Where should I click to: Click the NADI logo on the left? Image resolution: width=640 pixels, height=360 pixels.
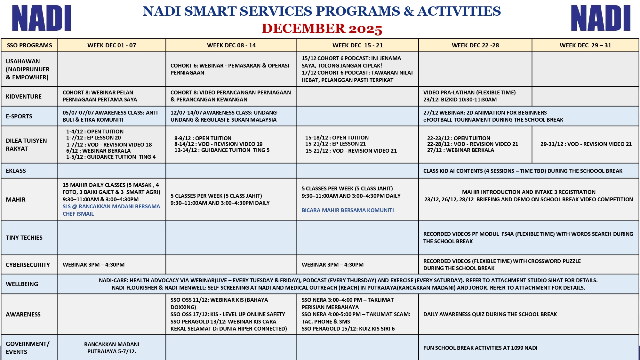click(42, 18)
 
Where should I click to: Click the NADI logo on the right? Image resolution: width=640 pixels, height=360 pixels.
click(601, 18)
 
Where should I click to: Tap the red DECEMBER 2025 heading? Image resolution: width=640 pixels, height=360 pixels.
click(322, 29)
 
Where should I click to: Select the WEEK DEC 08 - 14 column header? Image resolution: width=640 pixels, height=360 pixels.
click(231, 45)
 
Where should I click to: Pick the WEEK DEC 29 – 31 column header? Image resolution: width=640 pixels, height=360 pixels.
click(585, 45)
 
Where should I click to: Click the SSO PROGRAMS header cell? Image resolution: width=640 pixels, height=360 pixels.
click(29, 45)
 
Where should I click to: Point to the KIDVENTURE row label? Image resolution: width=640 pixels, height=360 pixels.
click(24, 97)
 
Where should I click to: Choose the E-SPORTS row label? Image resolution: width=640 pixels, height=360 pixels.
click(19, 116)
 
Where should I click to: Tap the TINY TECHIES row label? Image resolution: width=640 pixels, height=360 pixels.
click(24, 238)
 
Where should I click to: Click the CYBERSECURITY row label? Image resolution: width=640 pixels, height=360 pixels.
click(28, 265)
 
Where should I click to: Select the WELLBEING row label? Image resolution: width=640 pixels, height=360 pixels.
click(22, 284)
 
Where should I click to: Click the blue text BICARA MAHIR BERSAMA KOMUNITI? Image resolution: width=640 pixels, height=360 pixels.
click(348, 210)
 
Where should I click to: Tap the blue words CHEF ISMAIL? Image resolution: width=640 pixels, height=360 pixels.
click(78, 214)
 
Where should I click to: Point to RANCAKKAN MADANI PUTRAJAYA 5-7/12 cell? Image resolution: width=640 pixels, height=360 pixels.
click(112, 348)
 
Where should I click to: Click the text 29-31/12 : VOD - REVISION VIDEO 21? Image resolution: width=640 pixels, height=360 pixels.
click(586, 144)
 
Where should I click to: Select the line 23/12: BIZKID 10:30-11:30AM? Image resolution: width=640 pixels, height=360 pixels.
click(460, 100)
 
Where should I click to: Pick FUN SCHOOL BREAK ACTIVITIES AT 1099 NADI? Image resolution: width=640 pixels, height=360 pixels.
click(480, 348)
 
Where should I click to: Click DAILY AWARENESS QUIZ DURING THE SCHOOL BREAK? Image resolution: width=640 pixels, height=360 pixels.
click(490, 314)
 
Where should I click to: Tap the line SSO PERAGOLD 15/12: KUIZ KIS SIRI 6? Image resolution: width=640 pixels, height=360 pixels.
click(348, 329)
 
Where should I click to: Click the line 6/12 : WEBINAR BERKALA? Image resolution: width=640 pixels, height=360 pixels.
click(98, 151)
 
